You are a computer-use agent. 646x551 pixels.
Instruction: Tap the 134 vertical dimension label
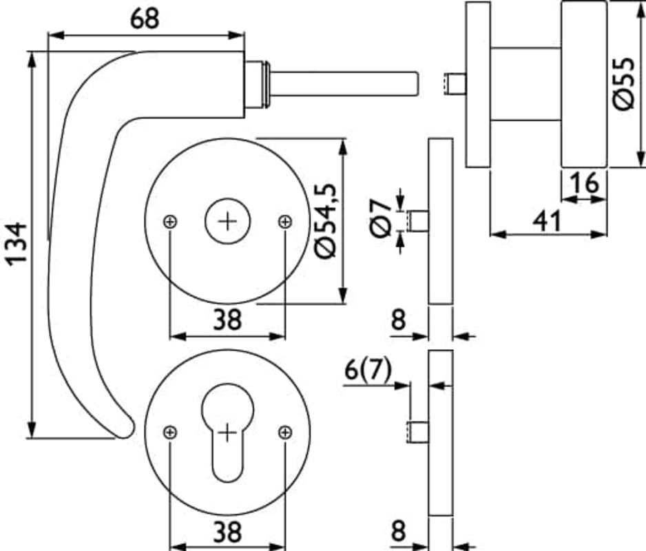(x=15, y=242)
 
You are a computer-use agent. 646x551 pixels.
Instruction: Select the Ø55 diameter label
(x=625, y=83)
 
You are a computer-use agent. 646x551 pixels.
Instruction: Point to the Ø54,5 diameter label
(x=325, y=220)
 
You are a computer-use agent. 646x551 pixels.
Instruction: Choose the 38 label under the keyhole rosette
(x=227, y=532)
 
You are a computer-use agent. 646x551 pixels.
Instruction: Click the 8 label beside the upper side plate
(x=398, y=320)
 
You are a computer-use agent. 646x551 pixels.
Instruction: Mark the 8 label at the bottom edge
(x=398, y=532)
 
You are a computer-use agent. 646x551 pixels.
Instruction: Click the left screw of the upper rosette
(x=170, y=221)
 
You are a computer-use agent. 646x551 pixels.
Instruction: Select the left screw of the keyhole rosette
(x=170, y=433)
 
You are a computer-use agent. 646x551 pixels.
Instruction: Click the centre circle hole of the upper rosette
(x=227, y=221)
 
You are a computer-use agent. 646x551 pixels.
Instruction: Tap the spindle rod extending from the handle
(x=344, y=82)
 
